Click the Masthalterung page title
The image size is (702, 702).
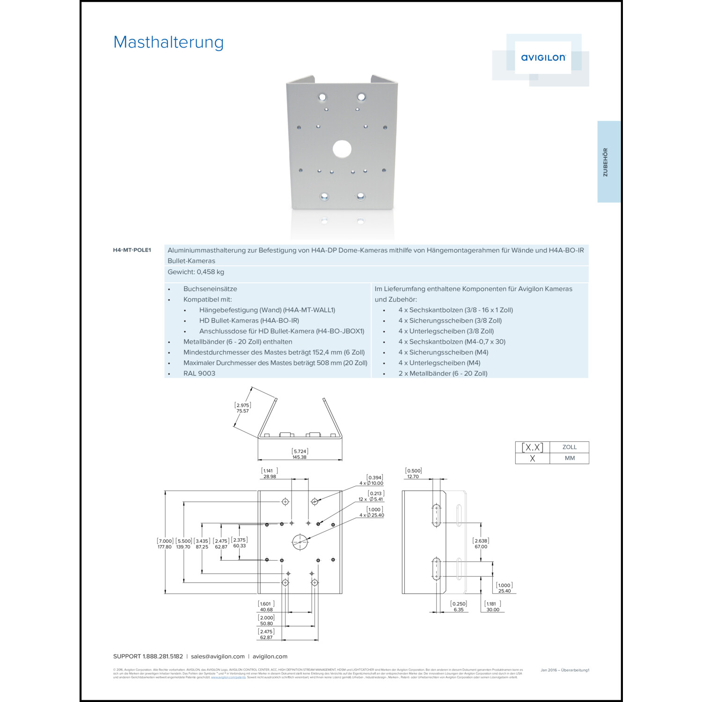point(168,42)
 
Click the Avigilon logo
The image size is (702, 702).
point(543,58)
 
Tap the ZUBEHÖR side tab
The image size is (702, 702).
point(606,162)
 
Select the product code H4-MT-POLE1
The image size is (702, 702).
point(132,250)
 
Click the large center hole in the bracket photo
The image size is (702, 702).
point(342,149)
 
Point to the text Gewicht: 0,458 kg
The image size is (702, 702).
point(196,272)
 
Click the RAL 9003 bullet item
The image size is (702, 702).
point(199,373)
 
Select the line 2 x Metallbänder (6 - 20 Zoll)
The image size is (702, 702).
point(443,373)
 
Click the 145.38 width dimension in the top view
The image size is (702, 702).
point(300,457)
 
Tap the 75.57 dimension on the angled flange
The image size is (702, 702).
point(242,411)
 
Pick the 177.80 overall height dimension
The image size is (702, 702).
point(164,547)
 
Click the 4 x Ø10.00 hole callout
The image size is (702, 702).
point(372,483)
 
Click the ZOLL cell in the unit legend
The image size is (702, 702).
point(569,447)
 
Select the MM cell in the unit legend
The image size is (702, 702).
point(569,458)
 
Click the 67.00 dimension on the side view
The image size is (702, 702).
point(481,547)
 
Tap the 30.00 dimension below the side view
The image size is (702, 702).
point(492,610)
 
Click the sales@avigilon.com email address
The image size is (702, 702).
point(218,657)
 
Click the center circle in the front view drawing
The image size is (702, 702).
point(300,542)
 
